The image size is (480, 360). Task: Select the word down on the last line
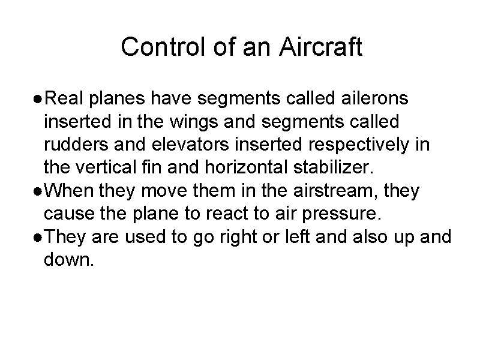click(x=69, y=261)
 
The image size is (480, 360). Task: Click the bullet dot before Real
click(x=38, y=98)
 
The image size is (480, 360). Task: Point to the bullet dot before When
click(x=38, y=191)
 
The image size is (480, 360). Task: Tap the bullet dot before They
click(x=38, y=238)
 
